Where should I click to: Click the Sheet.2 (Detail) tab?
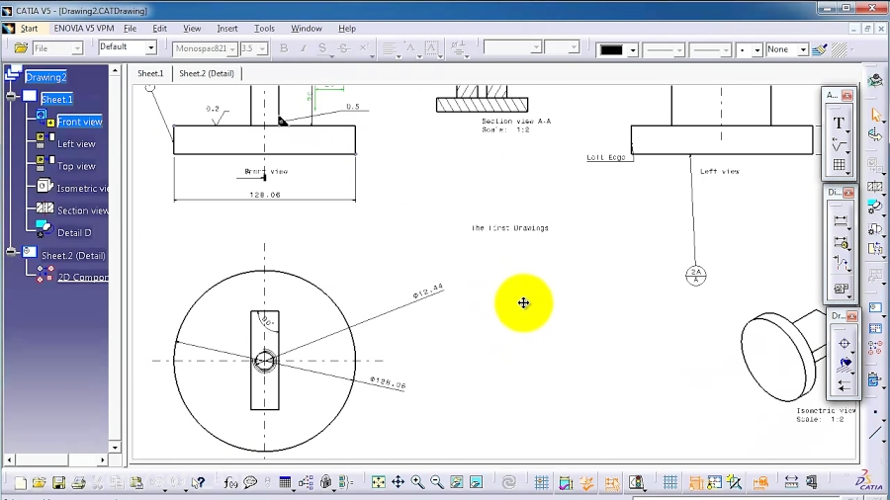(208, 73)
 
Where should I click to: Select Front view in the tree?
(79, 122)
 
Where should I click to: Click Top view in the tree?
(76, 166)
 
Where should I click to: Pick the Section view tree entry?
(82, 210)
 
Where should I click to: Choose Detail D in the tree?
(74, 233)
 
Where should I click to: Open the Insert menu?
(227, 29)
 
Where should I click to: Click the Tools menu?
(264, 29)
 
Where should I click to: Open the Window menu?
(307, 29)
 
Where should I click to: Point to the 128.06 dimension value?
(265, 195)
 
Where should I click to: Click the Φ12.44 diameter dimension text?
(428, 290)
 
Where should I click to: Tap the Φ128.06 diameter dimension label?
(388, 382)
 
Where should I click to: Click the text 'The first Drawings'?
(509, 228)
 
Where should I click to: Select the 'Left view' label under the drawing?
(719, 172)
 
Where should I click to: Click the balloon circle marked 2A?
(696, 275)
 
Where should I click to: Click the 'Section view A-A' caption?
(516, 122)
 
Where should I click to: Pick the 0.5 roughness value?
(352, 107)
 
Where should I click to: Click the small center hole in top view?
(264, 361)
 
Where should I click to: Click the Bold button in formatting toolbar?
(284, 48)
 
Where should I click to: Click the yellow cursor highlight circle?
(523, 303)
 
